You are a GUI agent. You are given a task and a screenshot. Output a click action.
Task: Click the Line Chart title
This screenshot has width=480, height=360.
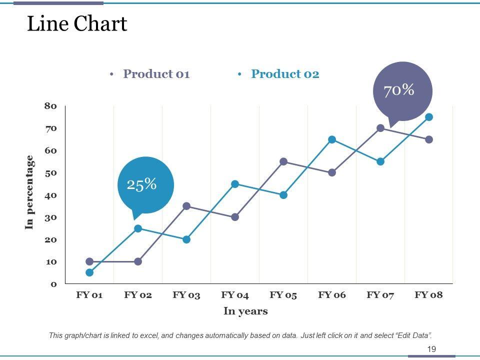pos(77,24)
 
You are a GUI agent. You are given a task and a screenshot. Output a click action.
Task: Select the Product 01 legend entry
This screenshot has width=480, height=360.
pos(156,74)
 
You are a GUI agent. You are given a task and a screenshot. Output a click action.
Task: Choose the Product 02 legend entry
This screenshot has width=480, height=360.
pos(284,74)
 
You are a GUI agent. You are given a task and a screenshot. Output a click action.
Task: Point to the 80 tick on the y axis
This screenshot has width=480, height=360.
pos(51,106)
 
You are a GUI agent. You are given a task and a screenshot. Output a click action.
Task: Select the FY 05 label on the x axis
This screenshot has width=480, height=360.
pos(283,295)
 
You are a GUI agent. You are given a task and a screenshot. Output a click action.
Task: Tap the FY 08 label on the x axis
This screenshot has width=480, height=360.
pos(428,295)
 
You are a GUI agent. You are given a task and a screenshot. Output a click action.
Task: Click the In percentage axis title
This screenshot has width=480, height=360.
pos(29,192)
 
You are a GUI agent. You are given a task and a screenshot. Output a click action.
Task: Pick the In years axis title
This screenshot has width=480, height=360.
pos(245,311)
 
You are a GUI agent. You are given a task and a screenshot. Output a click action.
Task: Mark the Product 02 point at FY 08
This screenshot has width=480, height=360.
pos(429,117)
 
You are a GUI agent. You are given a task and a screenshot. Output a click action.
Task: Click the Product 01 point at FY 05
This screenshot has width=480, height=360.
pos(283,161)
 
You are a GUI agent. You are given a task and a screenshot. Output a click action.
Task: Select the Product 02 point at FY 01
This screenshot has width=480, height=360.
pos(89,272)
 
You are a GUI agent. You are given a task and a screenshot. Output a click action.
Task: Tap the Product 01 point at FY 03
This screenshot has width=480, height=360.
pos(186,206)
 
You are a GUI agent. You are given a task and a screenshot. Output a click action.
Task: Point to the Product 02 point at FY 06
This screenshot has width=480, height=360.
pos(332,139)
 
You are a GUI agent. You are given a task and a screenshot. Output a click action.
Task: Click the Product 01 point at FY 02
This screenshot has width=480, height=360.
pos(138,261)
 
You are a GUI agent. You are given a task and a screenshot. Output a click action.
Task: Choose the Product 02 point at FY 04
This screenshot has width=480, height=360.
pos(235,184)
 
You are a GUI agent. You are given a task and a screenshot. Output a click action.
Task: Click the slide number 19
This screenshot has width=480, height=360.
pos(431,349)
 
